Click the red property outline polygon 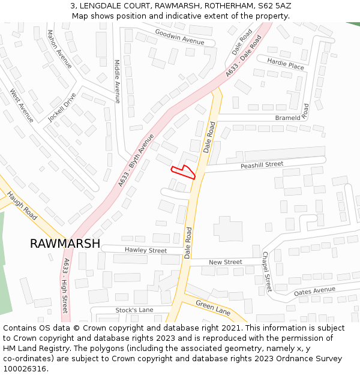click(x=187, y=172)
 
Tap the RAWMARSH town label click(x=65, y=244)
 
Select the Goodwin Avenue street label click(x=179, y=37)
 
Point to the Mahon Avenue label click(x=59, y=49)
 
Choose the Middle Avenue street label click(x=118, y=81)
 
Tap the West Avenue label click(x=22, y=106)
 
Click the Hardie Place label click(x=286, y=64)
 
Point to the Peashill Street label click(x=262, y=164)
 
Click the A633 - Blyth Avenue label click(x=136, y=160)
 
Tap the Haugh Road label click(x=23, y=205)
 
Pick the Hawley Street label click(x=146, y=250)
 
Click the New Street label click(x=225, y=262)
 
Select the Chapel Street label click(x=267, y=271)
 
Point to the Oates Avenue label click(x=314, y=291)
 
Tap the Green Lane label click(x=213, y=308)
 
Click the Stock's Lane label click(x=134, y=310)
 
